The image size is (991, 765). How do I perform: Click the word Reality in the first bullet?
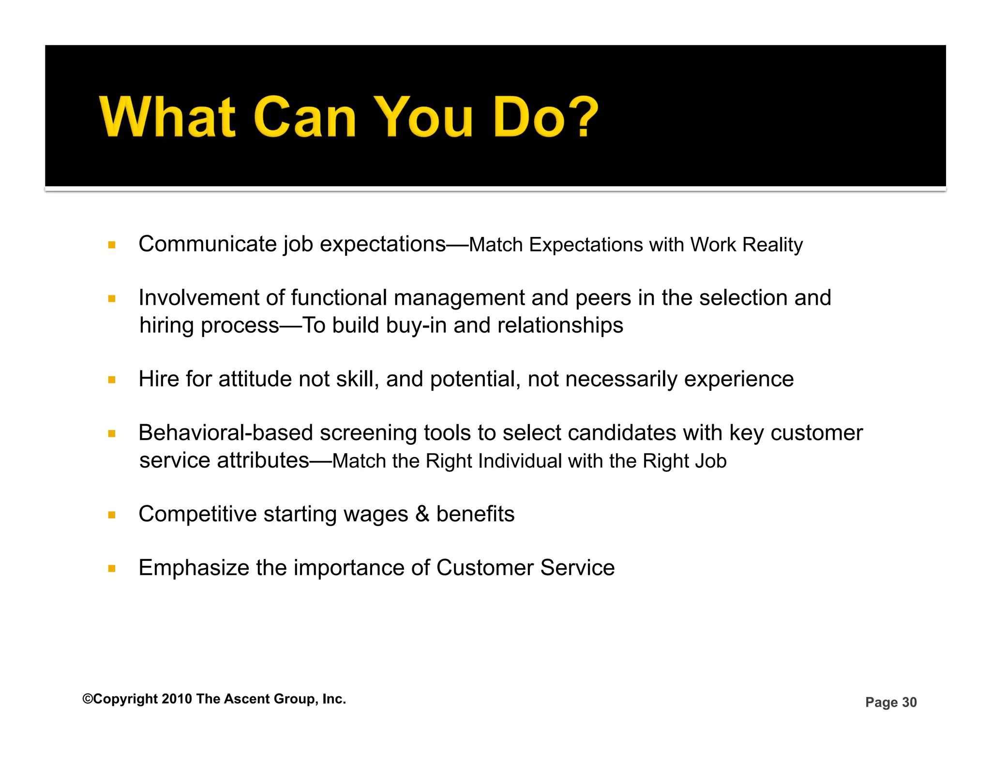772,245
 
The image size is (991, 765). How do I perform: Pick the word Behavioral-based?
225,433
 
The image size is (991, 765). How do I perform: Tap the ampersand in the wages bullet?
422,514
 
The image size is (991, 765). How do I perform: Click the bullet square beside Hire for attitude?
112,380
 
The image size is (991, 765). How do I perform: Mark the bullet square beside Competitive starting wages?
112,515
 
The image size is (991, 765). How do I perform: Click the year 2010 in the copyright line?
177,699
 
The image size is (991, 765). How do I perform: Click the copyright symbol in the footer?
88,699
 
